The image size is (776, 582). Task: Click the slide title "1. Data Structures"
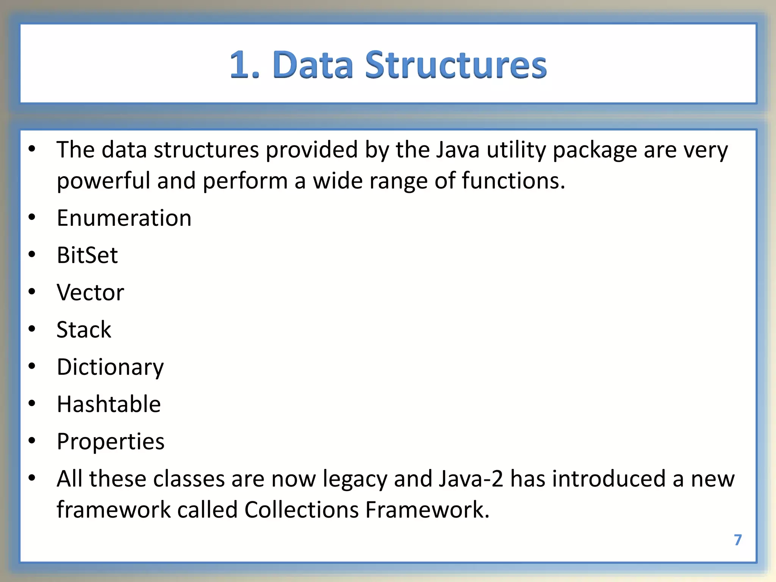pyautogui.click(x=388, y=65)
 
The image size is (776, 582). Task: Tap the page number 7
pyautogui.click(x=737, y=540)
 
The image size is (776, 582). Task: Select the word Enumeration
pyautogui.click(x=124, y=218)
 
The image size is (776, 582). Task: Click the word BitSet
pyautogui.click(x=87, y=255)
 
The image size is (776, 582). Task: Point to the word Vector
pyautogui.click(x=90, y=293)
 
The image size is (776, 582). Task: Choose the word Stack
pyautogui.click(x=84, y=330)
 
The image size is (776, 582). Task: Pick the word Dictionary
pyautogui.click(x=110, y=367)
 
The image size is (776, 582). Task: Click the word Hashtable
pyautogui.click(x=109, y=404)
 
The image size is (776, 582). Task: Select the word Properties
pyautogui.click(x=111, y=441)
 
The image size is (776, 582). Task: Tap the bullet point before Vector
pyautogui.click(x=32, y=292)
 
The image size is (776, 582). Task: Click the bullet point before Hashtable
pyautogui.click(x=32, y=404)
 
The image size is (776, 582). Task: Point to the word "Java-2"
pyautogui.click(x=471, y=479)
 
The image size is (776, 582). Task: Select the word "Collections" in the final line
pyautogui.click(x=301, y=510)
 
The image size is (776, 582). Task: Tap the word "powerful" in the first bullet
pyautogui.click(x=103, y=181)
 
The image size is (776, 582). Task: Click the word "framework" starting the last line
pyautogui.click(x=114, y=510)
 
